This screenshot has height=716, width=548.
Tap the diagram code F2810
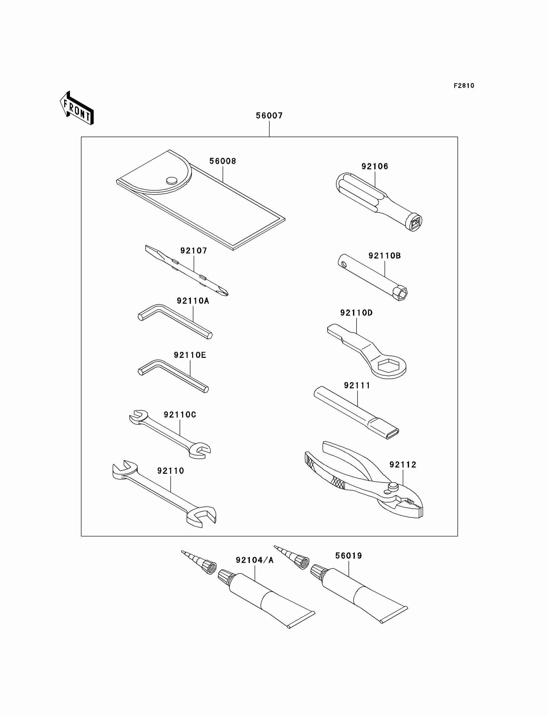(464, 86)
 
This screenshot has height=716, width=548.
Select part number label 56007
(269, 116)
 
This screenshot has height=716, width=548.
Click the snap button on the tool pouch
(171, 180)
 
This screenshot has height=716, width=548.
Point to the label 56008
(222, 161)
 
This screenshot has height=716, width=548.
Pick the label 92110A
(193, 301)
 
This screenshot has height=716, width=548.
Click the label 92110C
(180, 415)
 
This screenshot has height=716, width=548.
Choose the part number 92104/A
(254, 560)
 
